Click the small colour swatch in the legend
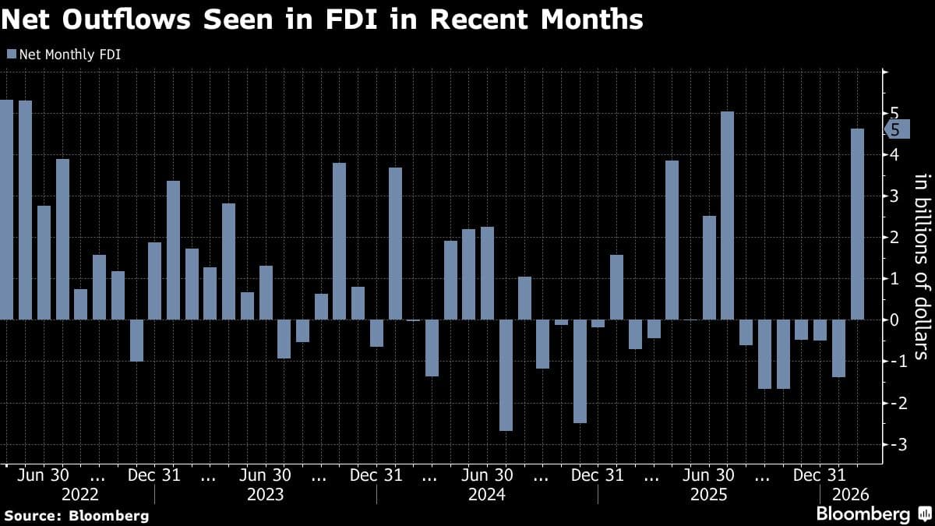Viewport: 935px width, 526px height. tap(11, 55)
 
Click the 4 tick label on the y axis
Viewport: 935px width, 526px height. tap(894, 155)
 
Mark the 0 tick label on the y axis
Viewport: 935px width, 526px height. tap(894, 320)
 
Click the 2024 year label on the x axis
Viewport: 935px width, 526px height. tap(487, 495)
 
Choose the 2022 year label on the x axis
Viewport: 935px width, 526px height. tap(80, 495)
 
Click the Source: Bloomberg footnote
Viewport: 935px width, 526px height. tap(76, 515)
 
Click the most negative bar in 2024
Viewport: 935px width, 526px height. tap(506, 375)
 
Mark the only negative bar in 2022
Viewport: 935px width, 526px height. tap(136, 340)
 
